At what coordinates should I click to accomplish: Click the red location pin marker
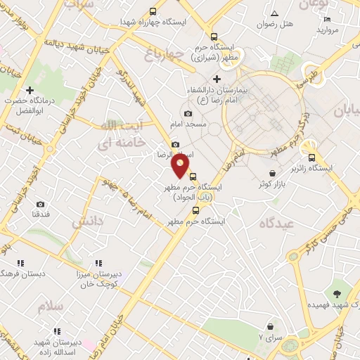(181, 166)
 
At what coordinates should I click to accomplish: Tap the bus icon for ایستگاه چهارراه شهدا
(153, 11)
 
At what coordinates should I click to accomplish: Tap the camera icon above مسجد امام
(188, 114)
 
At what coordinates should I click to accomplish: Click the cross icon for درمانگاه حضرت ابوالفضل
(30, 90)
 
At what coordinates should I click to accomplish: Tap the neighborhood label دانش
(87, 221)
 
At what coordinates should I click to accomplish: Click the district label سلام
(51, 307)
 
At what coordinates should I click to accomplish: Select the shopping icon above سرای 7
(270, 326)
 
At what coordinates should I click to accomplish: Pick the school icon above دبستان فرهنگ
(20, 262)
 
